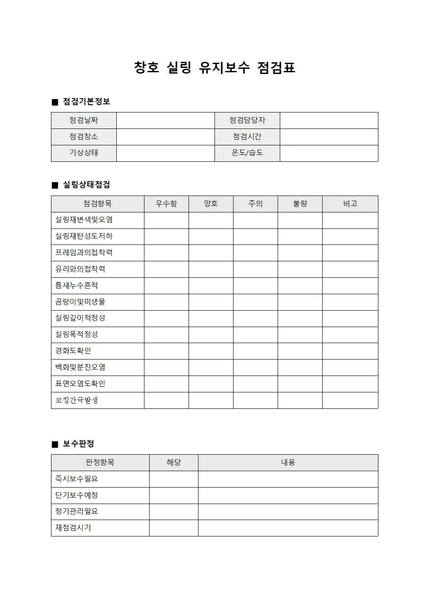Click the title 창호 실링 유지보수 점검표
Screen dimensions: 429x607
pos(214,67)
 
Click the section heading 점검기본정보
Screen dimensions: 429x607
pos(86,102)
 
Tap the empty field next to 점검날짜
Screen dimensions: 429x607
pos(165,120)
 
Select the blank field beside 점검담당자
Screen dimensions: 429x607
pos(329,120)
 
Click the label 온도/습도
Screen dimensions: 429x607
pos(247,153)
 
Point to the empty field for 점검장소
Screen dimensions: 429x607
pos(165,137)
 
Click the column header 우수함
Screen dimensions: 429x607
pos(166,204)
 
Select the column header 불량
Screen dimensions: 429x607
pos(300,204)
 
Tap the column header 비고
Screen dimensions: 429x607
pos(350,204)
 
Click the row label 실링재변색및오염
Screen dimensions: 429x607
pos(84,220)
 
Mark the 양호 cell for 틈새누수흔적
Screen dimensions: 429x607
pos(211,286)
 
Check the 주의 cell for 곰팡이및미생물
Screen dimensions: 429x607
pos(255,302)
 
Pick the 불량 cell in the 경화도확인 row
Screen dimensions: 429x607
pos(300,351)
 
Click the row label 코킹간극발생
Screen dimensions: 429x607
pos(77,400)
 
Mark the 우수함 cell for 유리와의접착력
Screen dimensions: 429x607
pos(166,269)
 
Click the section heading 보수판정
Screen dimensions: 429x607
pos(78,444)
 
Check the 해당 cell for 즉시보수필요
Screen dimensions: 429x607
pos(173,479)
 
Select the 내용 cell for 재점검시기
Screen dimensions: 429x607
pos(288,528)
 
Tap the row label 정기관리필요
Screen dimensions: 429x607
pos(77,511)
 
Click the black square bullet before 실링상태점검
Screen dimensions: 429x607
pos(55,185)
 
